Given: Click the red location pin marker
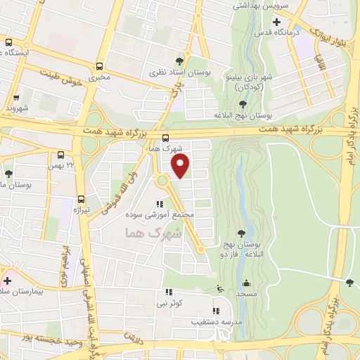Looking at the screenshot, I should click(181, 166).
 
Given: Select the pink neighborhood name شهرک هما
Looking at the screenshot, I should click(153, 232).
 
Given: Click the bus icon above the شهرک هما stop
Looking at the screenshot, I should click(165, 138).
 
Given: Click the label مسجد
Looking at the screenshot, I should click(246, 292).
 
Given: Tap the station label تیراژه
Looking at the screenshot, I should click(82, 210).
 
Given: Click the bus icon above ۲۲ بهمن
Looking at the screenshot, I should click(60, 155).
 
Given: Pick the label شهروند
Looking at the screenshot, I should click(15, 109).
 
